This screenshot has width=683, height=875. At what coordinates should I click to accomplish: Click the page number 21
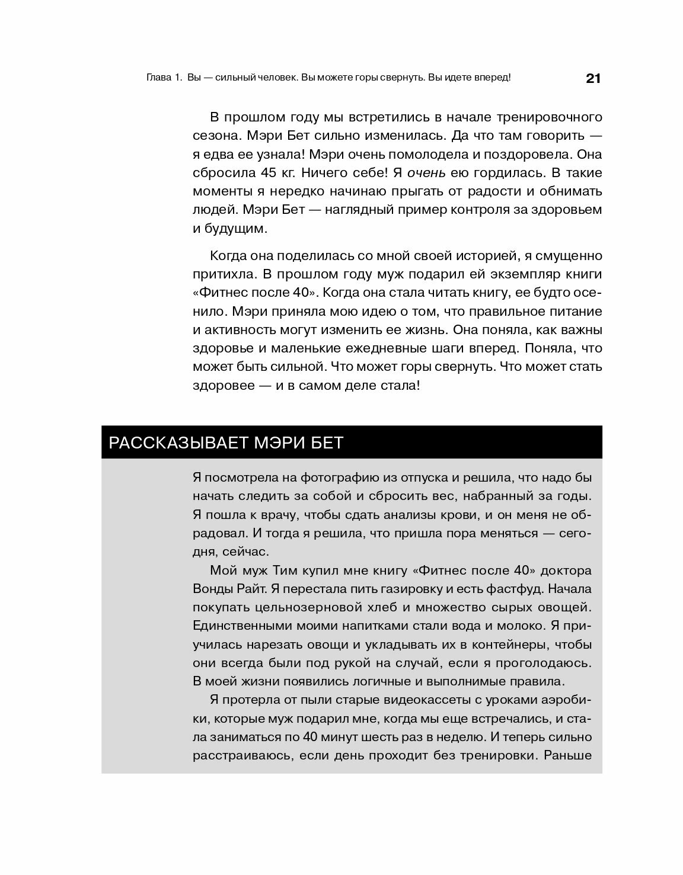pyautogui.click(x=593, y=78)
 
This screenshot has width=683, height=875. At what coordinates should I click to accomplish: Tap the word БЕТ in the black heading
pyautogui.click(x=327, y=443)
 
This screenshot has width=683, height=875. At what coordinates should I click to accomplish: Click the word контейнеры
pyautogui.click(x=476, y=645)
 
